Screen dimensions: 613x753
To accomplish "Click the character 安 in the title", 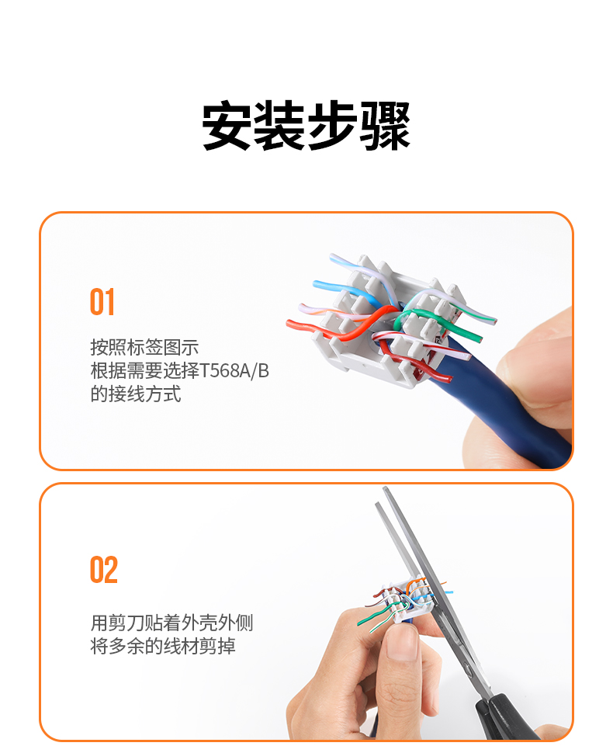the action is [x=227, y=126].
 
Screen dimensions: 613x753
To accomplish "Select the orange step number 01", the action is [x=102, y=302].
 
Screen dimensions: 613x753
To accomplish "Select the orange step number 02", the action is [x=104, y=570].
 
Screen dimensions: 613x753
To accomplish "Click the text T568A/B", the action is [x=234, y=370].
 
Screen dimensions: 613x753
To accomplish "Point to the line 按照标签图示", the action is [x=144, y=347].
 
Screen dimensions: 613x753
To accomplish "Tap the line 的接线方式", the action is [x=136, y=394].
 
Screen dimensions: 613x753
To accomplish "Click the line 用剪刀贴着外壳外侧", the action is [x=171, y=623].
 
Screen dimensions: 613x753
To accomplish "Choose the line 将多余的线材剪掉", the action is [x=163, y=646].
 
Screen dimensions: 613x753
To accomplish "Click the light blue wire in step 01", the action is [x=343, y=290].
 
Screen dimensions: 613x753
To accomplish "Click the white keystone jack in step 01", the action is [x=384, y=327].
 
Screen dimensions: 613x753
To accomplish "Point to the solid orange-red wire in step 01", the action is [x=336, y=331].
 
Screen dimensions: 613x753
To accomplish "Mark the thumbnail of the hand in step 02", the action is [x=402, y=641].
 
